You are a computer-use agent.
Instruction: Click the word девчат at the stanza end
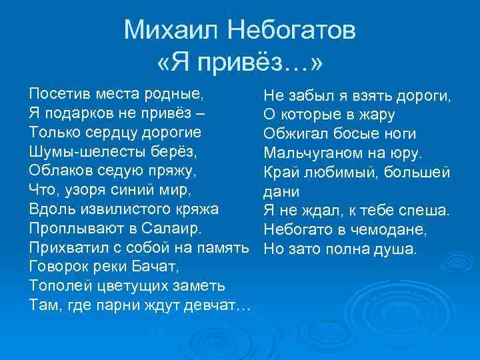tap(217, 307)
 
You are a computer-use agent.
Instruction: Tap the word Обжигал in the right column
tap(293, 133)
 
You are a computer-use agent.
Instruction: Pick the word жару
tap(377, 113)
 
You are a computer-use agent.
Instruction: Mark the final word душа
tap(397, 250)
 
